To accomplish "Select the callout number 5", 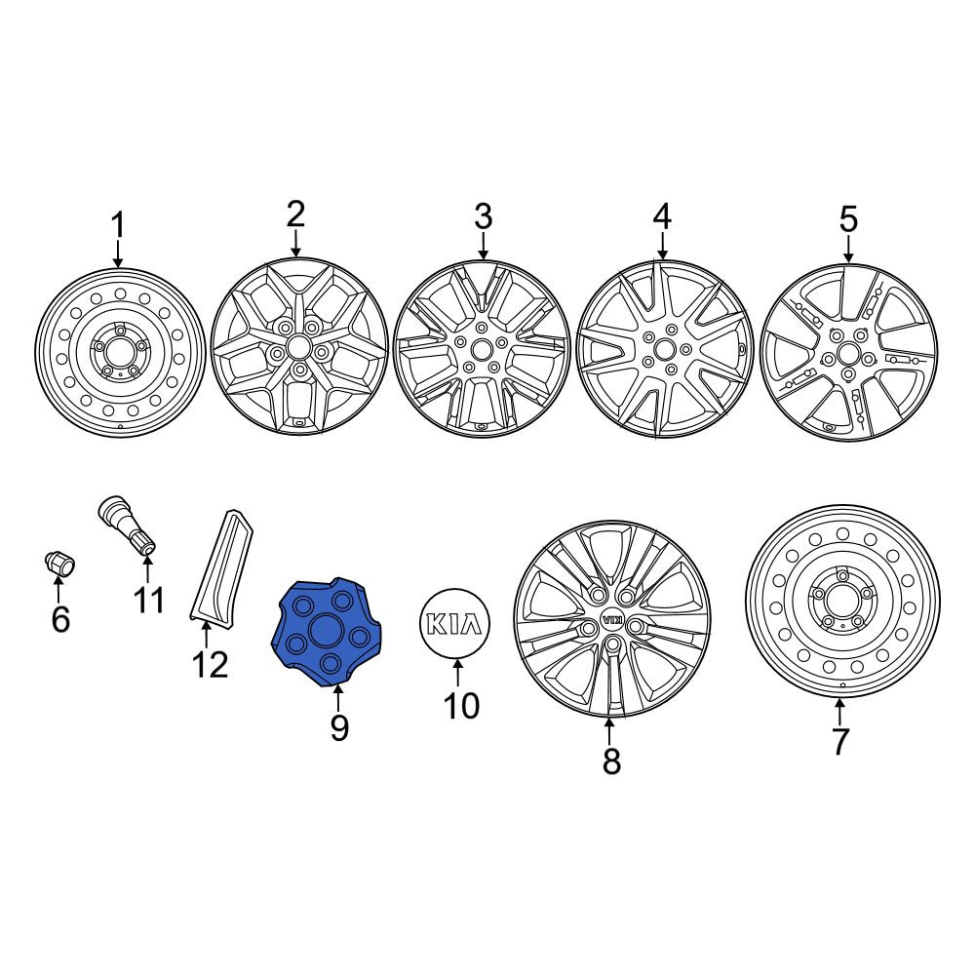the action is tap(849, 219).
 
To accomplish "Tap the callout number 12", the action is tap(211, 664).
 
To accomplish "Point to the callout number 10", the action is tap(461, 705).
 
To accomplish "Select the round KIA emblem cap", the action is tap(455, 624).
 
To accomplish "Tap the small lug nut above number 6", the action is tap(59, 564).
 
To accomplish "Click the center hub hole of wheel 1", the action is tap(118, 353).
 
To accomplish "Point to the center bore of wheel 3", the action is tap(481, 350).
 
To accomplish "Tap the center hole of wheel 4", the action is tap(664, 348).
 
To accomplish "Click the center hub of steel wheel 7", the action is tap(842, 600).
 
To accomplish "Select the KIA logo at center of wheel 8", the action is tap(612, 620).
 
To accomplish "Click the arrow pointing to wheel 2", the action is tap(295, 244).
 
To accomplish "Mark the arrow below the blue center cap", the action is tap(337, 698).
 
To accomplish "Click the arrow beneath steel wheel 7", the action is tap(839, 712).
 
